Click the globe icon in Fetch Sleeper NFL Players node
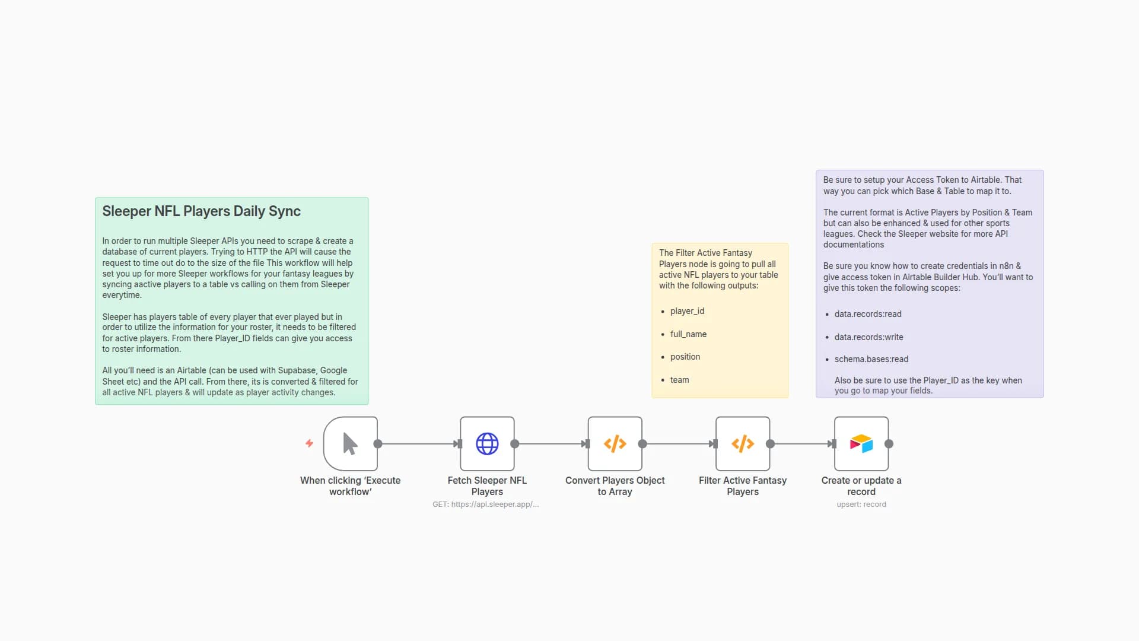click(487, 443)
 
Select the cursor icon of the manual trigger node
click(350, 443)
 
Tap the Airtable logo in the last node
click(861, 443)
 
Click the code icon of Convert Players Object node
click(615, 443)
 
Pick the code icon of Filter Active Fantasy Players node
click(743, 443)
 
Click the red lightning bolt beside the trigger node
click(309, 443)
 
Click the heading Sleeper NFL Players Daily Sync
click(201, 211)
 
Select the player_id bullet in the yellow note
click(687, 311)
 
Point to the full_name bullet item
click(688, 334)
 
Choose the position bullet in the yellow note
click(685, 357)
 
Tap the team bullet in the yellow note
click(679, 380)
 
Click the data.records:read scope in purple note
click(867, 314)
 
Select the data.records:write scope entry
click(868, 337)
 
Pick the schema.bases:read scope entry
click(871, 359)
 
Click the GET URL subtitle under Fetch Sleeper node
click(485, 504)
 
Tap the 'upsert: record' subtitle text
click(861, 504)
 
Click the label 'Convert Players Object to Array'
click(615, 485)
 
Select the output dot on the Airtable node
click(889, 443)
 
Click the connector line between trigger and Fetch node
click(418, 443)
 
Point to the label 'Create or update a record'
click(861, 485)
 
